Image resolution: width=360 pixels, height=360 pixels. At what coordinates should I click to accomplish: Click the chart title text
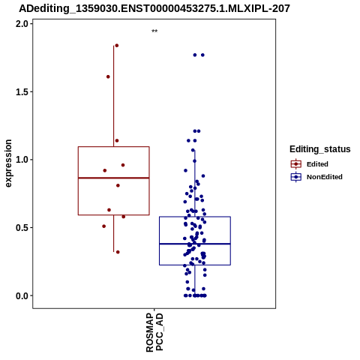pyautogui.click(x=154, y=8)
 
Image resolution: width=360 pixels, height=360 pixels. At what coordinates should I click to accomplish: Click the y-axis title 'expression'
pyautogui.click(x=8, y=163)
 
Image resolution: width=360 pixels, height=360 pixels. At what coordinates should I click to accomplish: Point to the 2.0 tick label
pyautogui.click(x=21, y=24)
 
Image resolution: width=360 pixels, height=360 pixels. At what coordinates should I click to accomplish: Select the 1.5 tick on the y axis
pyautogui.click(x=21, y=91)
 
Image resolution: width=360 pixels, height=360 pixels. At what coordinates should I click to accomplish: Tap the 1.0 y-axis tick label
pyautogui.click(x=21, y=160)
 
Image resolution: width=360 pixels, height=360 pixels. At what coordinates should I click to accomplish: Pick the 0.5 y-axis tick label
pyautogui.click(x=21, y=227)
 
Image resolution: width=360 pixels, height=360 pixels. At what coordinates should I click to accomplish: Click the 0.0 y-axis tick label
pyautogui.click(x=21, y=295)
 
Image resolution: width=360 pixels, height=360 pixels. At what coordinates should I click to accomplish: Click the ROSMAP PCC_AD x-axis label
pyautogui.click(x=154, y=332)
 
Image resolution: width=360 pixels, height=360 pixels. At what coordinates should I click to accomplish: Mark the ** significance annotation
pyautogui.click(x=154, y=31)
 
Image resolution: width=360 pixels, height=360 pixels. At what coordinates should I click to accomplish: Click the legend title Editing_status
pyautogui.click(x=320, y=149)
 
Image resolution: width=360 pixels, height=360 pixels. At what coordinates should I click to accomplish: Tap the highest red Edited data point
pyautogui.click(x=117, y=46)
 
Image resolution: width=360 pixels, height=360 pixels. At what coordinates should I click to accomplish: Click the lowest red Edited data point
pyautogui.click(x=118, y=252)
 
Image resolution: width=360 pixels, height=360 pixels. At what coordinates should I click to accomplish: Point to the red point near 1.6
pyautogui.click(x=108, y=76)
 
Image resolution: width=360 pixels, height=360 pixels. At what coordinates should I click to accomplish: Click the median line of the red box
pyautogui.click(x=114, y=178)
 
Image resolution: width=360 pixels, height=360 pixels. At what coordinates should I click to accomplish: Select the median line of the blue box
pyautogui.click(x=195, y=244)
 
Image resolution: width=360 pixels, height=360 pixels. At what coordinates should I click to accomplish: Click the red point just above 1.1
pyautogui.click(x=117, y=140)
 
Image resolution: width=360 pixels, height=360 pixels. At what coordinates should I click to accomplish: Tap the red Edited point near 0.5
pyautogui.click(x=104, y=226)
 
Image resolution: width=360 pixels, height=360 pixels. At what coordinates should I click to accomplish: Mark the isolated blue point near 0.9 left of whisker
pyautogui.click(x=186, y=170)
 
